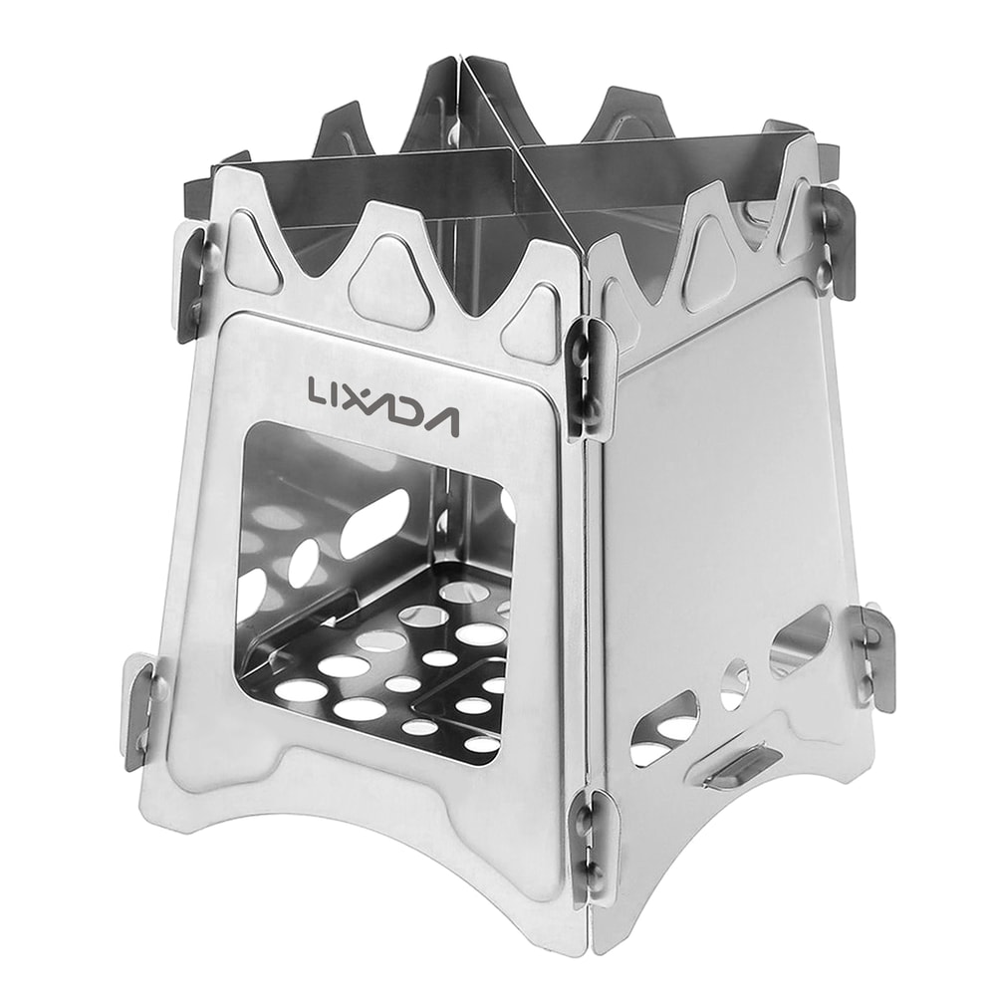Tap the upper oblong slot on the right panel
(x=799, y=636)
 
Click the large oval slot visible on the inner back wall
(x=375, y=523)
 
